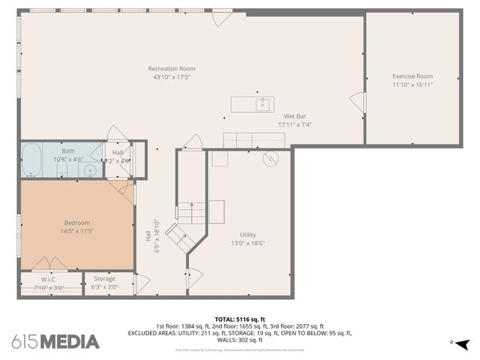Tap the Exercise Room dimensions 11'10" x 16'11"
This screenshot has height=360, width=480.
[x=412, y=85]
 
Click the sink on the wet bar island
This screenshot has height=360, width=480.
[x=262, y=103]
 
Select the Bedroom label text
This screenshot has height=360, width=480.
[x=76, y=223]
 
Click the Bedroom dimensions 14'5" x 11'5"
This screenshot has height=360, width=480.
[x=76, y=232]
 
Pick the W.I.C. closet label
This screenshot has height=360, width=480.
[x=49, y=279]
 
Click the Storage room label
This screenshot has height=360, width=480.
[x=104, y=279]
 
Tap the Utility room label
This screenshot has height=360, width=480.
[x=247, y=234]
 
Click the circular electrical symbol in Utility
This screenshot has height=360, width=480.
[x=270, y=159]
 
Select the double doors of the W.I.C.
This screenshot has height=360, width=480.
[x=49, y=265]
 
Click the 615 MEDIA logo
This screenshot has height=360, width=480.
[x=55, y=342]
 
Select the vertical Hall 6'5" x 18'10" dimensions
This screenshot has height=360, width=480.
[x=155, y=235]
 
